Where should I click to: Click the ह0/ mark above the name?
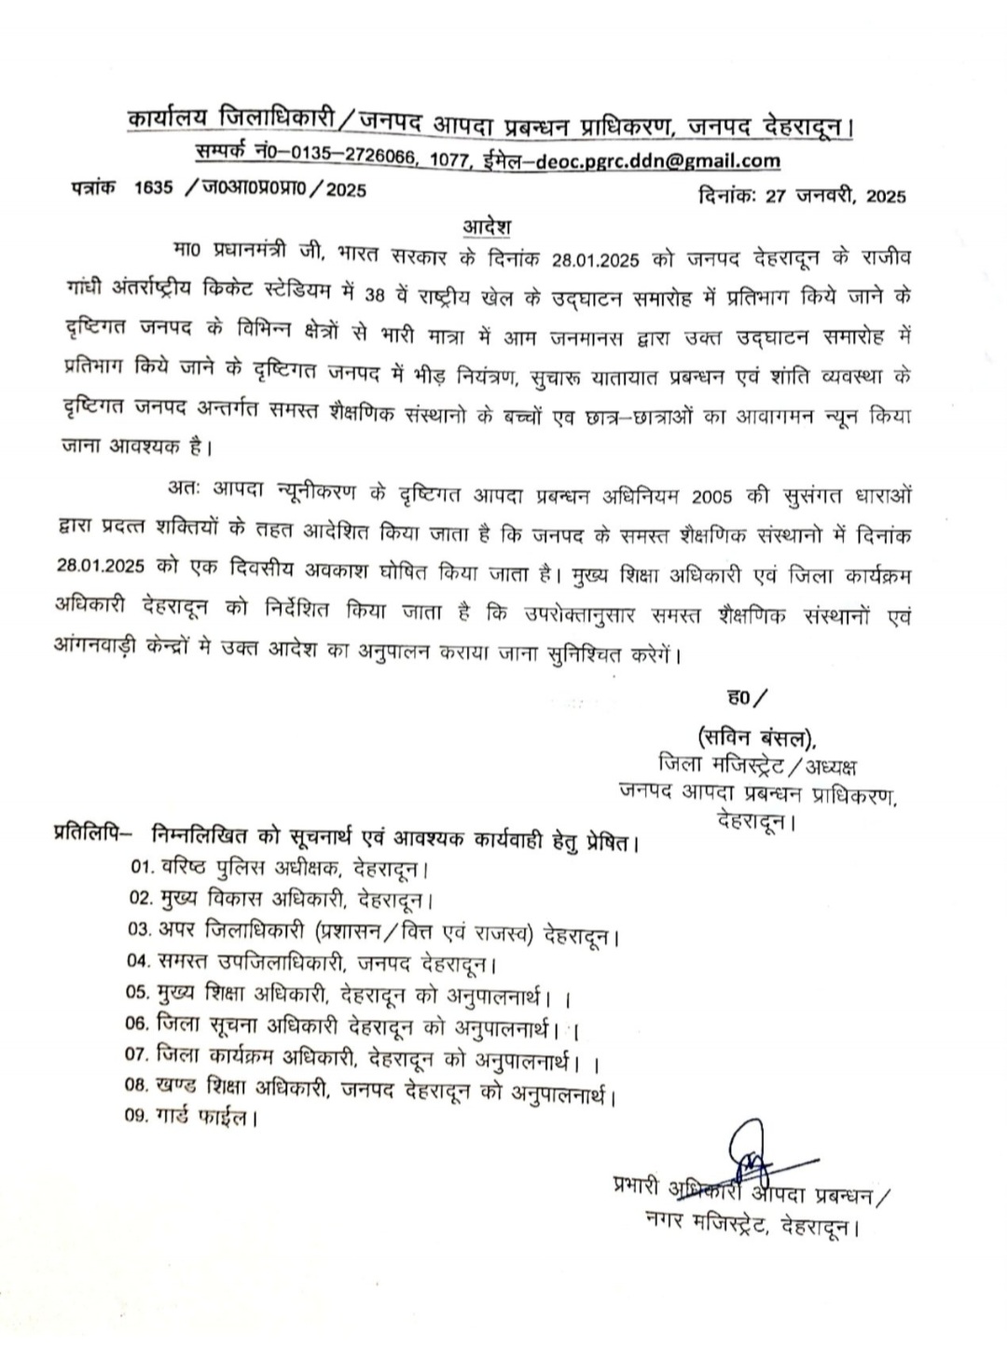click(746, 696)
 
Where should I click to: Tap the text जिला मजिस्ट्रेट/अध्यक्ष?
click(757, 767)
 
